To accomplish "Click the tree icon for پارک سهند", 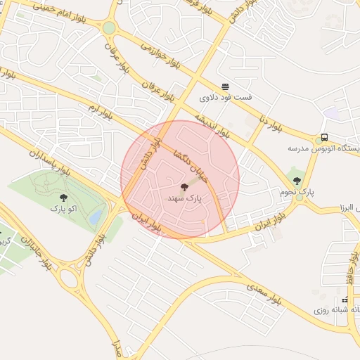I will (x=184, y=187).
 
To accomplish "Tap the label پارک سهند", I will (x=184, y=199).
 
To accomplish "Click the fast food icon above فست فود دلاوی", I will (x=225, y=86).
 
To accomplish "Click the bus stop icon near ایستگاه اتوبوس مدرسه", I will (x=324, y=137).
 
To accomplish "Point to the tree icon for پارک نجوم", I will (x=296, y=181).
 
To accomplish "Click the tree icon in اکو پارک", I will (x=64, y=198).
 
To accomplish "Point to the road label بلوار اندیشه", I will (x=212, y=120).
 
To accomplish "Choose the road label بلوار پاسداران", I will (x=50, y=161).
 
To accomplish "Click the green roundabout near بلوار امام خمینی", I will (x=109, y=27).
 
